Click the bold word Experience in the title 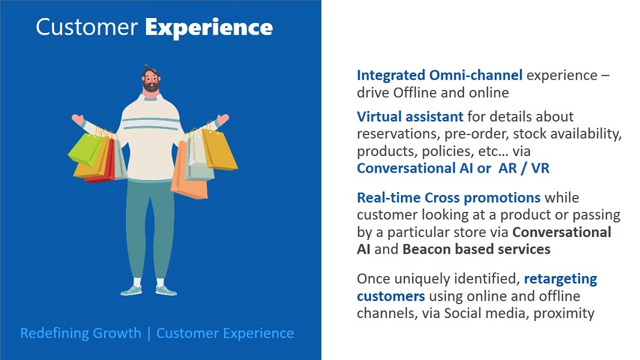click(x=209, y=28)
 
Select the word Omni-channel click(x=476, y=75)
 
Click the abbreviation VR click(x=540, y=168)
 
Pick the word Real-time click(x=388, y=197)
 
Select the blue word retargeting click(x=560, y=279)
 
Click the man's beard click(x=151, y=86)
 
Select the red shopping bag click(x=101, y=163)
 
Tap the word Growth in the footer click(x=117, y=333)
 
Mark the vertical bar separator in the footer click(x=149, y=334)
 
